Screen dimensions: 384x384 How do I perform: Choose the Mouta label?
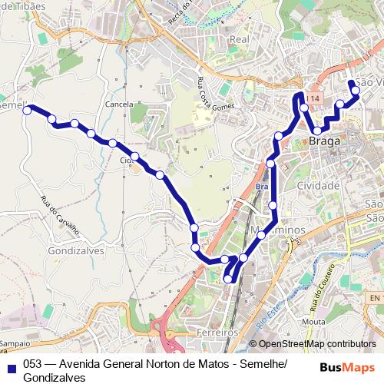click(x=313, y=322)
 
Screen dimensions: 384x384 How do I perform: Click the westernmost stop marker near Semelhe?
click(x=27, y=111)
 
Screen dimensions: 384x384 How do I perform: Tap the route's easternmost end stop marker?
click(x=356, y=91)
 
